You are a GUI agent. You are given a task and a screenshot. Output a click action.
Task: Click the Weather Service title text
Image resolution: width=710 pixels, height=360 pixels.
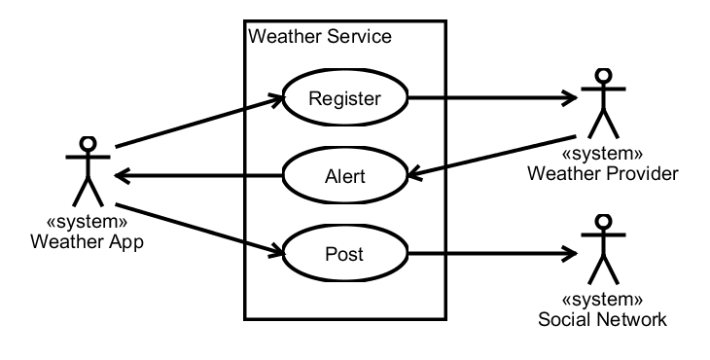(320, 36)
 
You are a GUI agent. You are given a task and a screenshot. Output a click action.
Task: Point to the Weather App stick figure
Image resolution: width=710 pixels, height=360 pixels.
(88, 171)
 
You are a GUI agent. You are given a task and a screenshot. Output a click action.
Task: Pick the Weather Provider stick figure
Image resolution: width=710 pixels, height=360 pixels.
(603, 104)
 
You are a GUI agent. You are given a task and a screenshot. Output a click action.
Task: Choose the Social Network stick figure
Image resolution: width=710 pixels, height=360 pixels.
(603, 250)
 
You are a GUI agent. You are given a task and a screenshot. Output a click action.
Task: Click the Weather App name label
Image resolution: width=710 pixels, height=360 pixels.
(87, 242)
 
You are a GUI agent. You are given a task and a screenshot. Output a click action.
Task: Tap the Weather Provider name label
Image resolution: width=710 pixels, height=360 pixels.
(603, 173)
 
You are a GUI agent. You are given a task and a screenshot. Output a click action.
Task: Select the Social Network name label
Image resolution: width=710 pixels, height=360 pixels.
(602, 319)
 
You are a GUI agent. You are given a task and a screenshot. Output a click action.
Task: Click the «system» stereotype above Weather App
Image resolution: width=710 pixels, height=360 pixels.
(87, 222)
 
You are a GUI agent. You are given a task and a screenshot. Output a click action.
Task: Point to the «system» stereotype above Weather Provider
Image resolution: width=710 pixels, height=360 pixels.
(602, 154)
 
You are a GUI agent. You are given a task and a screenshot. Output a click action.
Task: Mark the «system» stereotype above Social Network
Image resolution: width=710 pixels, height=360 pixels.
(602, 300)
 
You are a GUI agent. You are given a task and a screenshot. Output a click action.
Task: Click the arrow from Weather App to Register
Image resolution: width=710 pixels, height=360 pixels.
(199, 122)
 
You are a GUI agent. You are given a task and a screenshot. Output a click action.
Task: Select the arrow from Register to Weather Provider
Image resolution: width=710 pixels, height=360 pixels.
(493, 97)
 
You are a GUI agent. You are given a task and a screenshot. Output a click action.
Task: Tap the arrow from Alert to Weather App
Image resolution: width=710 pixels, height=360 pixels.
(198, 175)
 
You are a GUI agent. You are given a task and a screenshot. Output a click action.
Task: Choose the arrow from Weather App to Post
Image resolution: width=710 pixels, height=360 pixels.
(199, 229)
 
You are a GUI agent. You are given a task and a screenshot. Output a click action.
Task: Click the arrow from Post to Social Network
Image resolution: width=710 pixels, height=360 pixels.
(493, 253)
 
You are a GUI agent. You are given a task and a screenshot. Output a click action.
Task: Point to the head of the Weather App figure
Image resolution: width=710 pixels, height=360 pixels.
(88, 144)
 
